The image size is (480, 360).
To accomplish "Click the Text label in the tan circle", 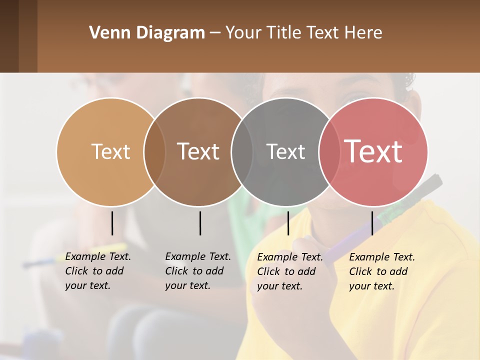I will (110, 151).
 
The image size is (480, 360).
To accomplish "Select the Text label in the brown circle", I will (198, 151).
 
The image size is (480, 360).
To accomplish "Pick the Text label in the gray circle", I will (285, 152).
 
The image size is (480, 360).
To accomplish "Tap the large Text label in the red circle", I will (373, 151).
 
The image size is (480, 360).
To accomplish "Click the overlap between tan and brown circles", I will (154, 151).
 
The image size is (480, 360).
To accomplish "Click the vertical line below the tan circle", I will (112, 223).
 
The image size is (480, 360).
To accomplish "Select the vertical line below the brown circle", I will (200, 223).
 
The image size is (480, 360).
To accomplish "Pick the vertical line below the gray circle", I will (288, 223).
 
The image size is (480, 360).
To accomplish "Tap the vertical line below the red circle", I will (372, 223).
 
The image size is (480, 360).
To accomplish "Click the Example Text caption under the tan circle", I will (98, 271).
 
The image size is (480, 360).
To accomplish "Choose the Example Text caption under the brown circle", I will (198, 271).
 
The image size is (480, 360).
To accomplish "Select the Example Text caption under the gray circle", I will (290, 271).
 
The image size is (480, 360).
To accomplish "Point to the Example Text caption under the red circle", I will (382, 271).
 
